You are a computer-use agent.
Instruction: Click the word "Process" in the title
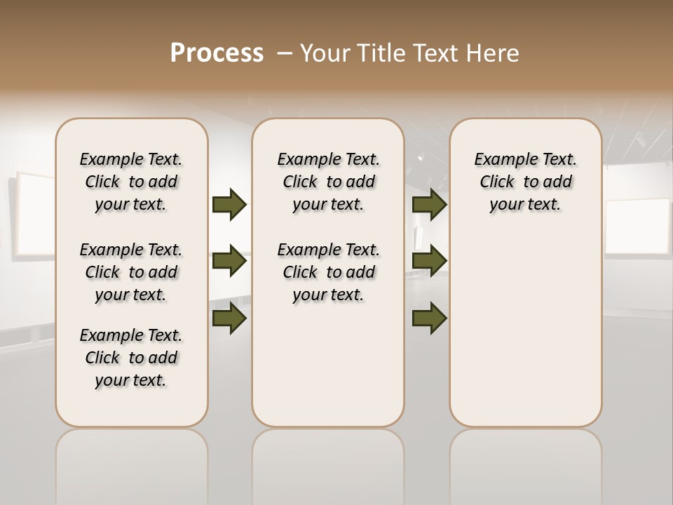(217, 53)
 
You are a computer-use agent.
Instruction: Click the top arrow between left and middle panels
(229, 205)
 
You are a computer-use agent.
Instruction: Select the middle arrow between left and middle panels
(229, 262)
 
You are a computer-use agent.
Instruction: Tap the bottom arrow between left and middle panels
(229, 318)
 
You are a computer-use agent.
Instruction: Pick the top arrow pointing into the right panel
(430, 205)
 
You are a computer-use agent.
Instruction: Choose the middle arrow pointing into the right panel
(430, 262)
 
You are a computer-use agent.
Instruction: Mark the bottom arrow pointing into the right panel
(430, 318)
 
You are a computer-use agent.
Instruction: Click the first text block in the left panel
(131, 182)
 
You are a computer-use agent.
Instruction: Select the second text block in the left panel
(131, 272)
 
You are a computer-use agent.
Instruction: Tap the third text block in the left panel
(131, 358)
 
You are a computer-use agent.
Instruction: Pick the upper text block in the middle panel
(328, 182)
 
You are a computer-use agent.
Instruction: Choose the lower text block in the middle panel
(328, 272)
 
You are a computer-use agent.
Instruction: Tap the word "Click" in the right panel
(497, 182)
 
